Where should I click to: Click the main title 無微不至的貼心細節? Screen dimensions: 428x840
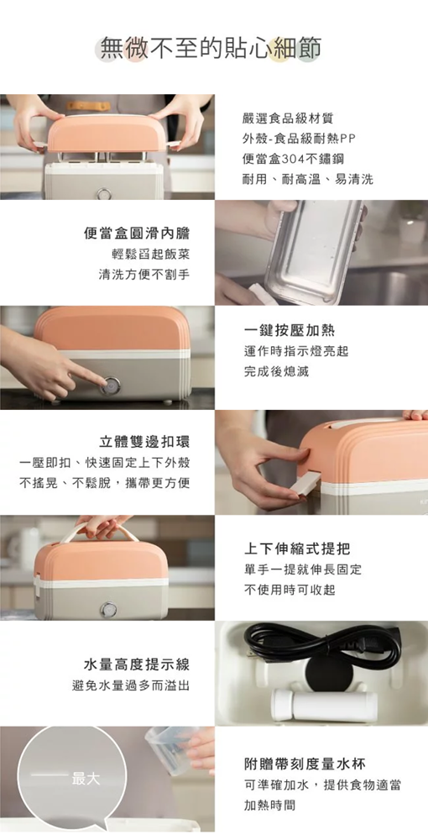click(211, 48)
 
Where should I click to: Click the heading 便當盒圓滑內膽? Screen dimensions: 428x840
click(137, 233)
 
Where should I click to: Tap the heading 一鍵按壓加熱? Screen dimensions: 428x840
click(290, 330)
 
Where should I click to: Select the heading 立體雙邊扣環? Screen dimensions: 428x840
click(144, 442)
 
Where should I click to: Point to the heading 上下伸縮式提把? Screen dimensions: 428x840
click(297, 549)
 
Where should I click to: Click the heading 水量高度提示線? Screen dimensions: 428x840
click(137, 664)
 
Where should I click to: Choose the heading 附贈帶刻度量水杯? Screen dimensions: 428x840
click(305, 764)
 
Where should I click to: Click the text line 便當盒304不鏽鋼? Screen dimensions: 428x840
click(293, 159)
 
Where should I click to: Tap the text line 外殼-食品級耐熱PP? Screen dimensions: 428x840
click(299, 139)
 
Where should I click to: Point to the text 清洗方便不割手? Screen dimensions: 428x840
click(144, 275)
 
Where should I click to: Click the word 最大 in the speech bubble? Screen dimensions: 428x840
click(86, 779)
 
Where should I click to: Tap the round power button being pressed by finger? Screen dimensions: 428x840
click(112, 386)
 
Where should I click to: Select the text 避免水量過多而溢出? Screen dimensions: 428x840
click(131, 685)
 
